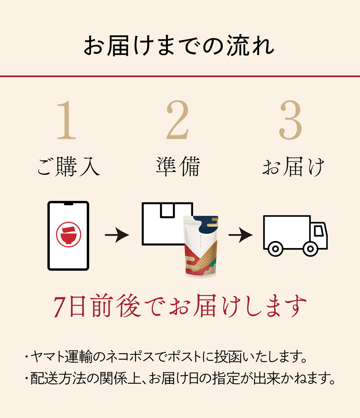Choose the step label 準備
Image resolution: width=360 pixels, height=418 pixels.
(x=177, y=167)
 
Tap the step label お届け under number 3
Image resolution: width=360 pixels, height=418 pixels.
(x=293, y=167)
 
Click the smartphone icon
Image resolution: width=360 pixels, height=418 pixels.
(x=68, y=236)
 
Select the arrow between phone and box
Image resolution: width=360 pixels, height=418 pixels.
(x=117, y=236)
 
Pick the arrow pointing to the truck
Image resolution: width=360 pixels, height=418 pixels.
(x=240, y=236)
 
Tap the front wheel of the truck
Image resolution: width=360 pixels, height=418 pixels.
(x=310, y=250)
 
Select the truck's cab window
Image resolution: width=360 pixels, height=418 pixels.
(x=319, y=231)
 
